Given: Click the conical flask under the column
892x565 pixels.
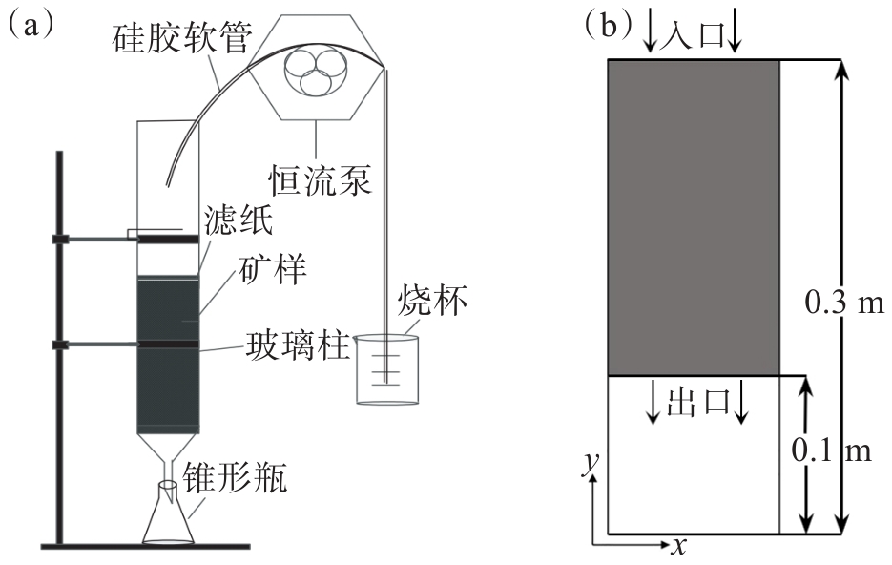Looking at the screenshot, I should click(x=169, y=519).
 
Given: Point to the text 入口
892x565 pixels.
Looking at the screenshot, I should click(x=694, y=33).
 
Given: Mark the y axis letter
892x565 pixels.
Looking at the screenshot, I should click(x=591, y=462).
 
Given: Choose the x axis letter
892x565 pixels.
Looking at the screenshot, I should click(x=678, y=545).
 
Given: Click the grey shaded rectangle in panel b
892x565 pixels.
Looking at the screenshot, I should click(x=694, y=218).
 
